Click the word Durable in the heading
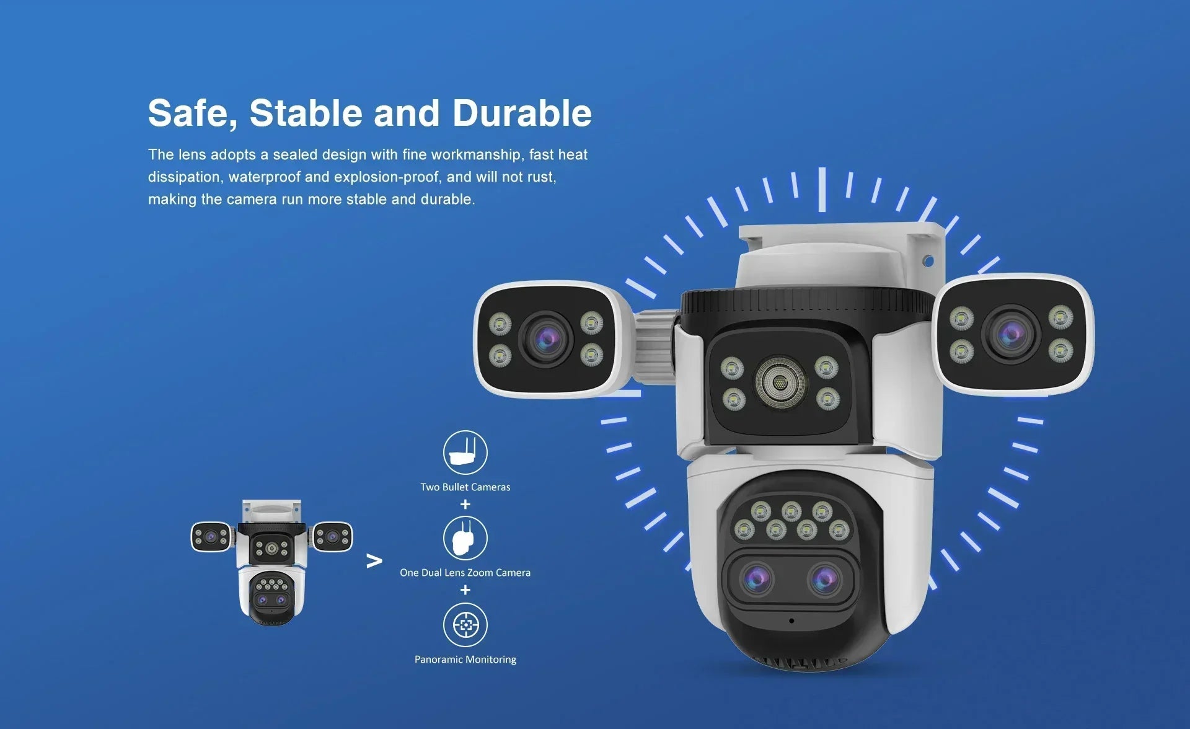(x=521, y=113)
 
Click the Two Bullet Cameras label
(x=465, y=487)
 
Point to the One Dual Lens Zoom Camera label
(x=465, y=573)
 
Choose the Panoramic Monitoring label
(x=465, y=660)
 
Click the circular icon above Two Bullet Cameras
(x=465, y=453)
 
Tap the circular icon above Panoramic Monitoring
(x=465, y=625)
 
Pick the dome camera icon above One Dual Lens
(x=465, y=538)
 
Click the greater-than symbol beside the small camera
(x=374, y=561)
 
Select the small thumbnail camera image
(x=271, y=561)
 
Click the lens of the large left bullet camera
(x=547, y=338)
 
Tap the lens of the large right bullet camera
(x=1011, y=335)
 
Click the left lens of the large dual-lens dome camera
(x=757, y=579)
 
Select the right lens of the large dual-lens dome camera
(x=825, y=579)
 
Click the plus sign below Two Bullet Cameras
(x=465, y=505)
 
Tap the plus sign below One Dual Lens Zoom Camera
(x=465, y=590)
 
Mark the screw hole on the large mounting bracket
(x=928, y=261)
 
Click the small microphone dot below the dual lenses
(x=791, y=621)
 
